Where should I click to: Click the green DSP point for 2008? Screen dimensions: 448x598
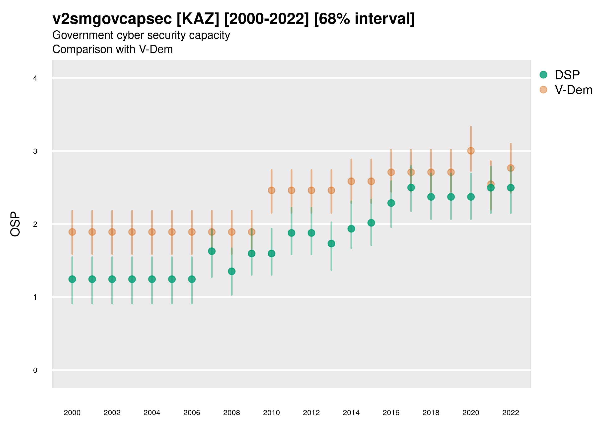tap(232, 271)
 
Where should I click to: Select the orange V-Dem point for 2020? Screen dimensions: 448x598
tap(471, 151)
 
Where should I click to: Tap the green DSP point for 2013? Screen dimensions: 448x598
tap(331, 244)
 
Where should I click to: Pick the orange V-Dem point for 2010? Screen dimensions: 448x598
tap(271, 190)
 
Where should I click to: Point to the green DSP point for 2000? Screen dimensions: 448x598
tap(72, 279)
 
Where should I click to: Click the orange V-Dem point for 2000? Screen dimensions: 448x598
tap(72, 232)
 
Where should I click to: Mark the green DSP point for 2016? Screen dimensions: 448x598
tap(391, 203)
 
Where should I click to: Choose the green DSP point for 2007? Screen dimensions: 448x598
tap(212, 251)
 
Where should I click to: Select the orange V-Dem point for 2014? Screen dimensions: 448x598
tap(351, 181)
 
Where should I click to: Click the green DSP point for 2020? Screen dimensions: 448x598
tap(471, 197)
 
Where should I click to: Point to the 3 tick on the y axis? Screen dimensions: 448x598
tap(35, 151)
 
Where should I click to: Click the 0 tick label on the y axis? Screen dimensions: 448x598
tap(35, 370)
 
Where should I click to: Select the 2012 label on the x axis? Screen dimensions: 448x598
tap(311, 413)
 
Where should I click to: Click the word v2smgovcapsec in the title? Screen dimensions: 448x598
tap(112, 19)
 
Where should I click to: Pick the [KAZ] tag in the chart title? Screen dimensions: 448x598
tap(198, 19)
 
